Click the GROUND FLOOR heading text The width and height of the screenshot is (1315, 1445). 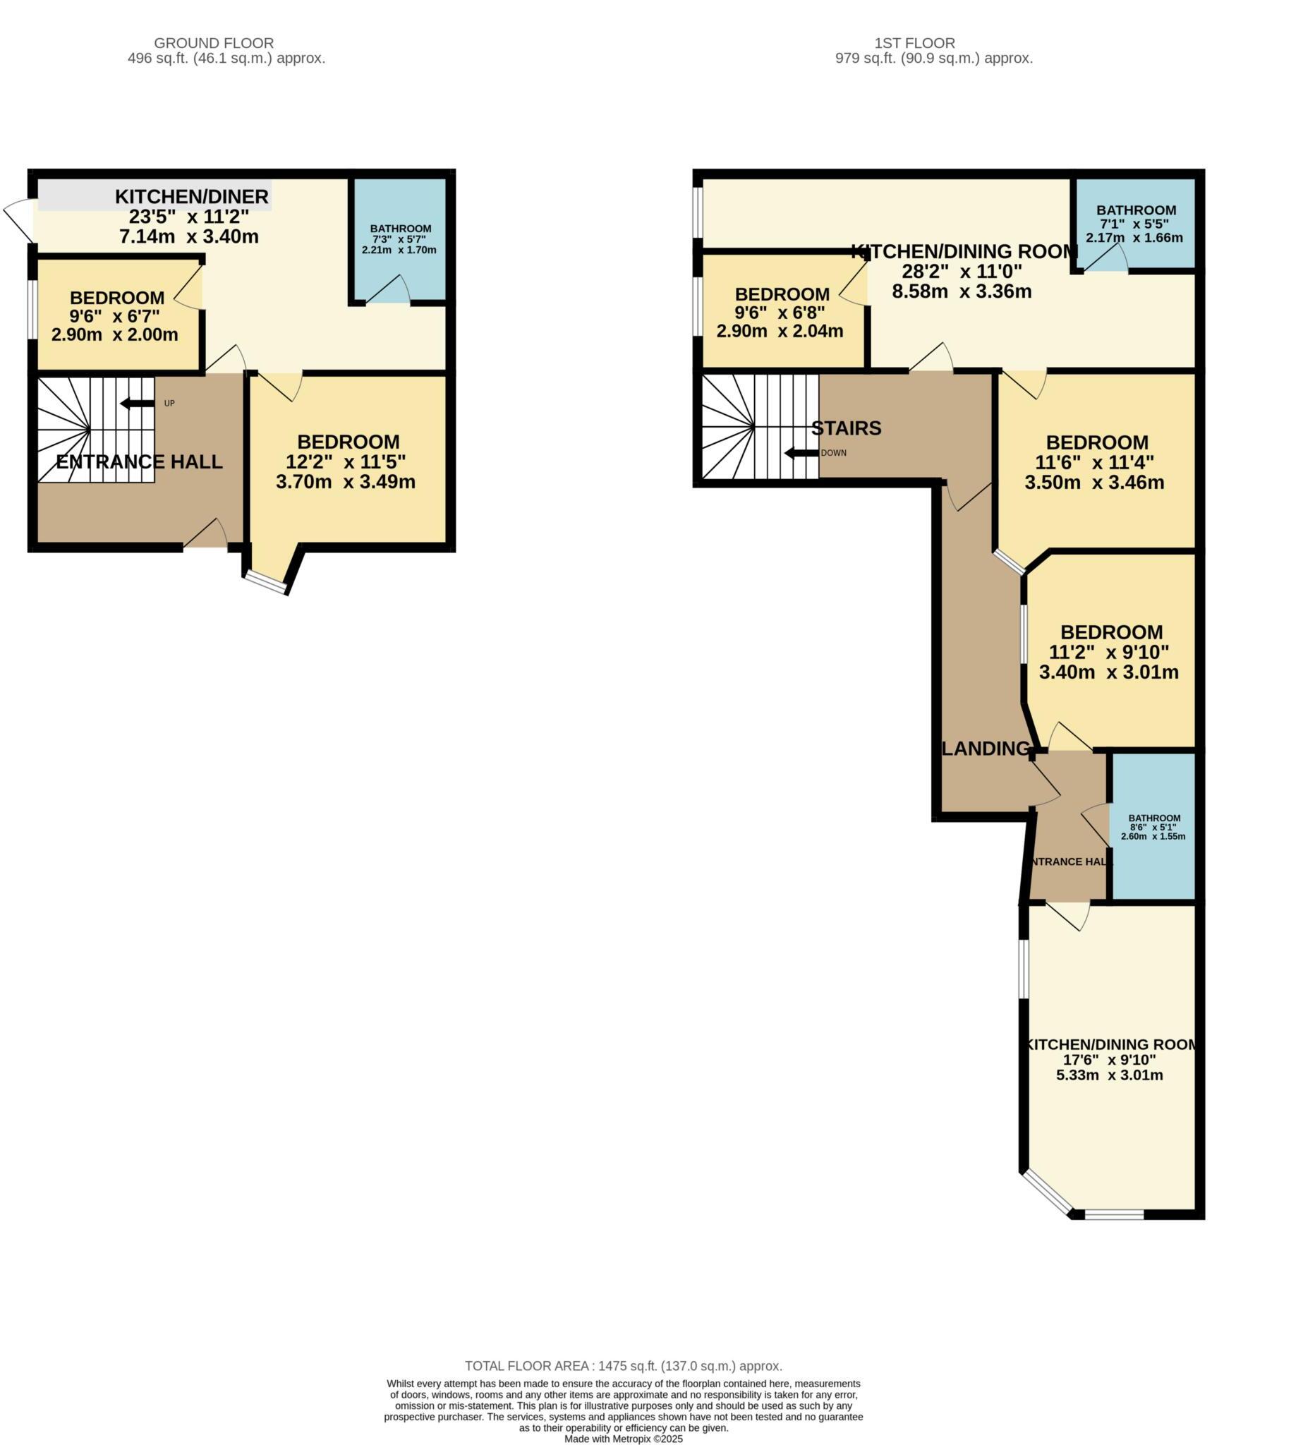click(x=214, y=43)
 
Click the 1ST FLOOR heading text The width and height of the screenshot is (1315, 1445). click(x=914, y=43)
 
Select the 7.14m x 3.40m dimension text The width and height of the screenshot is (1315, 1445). click(x=189, y=236)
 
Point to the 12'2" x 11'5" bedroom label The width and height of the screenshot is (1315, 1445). click(x=348, y=461)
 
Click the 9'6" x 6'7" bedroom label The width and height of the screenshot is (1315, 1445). click(x=116, y=316)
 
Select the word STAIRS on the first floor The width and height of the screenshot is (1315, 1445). click(x=846, y=428)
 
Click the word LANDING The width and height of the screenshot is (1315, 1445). click(x=986, y=749)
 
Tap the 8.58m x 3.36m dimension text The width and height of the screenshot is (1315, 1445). click(x=961, y=291)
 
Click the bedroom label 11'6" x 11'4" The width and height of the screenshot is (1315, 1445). click(x=1096, y=462)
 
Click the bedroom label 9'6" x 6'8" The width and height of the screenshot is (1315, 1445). click(x=781, y=313)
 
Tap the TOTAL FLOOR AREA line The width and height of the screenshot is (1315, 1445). click(x=623, y=1366)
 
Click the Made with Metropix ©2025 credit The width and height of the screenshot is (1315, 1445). click(x=623, y=1439)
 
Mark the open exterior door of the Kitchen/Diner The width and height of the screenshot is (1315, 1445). click(x=18, y=219)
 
